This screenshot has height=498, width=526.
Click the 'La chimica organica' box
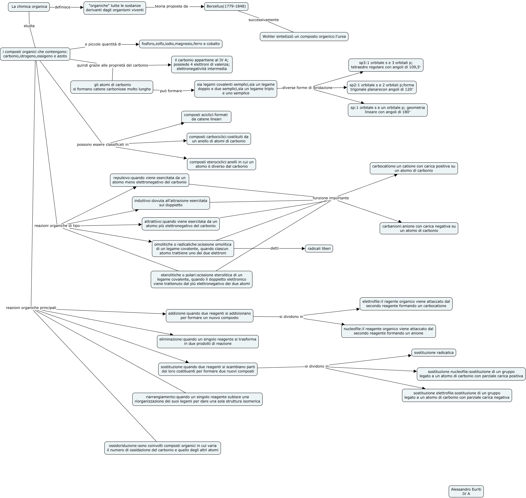point(29,7)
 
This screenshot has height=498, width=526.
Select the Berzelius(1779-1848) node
point(226,7)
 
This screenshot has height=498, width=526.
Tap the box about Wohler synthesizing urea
point(304,37)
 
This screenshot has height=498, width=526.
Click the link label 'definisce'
point(62,7)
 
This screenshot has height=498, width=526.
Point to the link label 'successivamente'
point(263,20)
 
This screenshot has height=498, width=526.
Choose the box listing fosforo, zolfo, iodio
point(180,44)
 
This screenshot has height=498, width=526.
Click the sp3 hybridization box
point(386,65)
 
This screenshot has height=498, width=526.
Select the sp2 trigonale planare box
point(381,87)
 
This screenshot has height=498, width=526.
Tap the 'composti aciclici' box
point(206,117)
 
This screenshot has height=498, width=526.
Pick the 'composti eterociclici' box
point(222,164)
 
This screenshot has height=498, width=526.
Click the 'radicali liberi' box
point(319,249)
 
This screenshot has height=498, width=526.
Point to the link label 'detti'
point(274,248)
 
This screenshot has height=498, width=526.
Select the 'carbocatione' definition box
point(413,168)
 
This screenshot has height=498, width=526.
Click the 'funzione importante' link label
point(331,198)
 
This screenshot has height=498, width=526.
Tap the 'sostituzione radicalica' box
point(434,353)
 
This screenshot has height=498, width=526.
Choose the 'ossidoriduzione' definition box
point(163,448)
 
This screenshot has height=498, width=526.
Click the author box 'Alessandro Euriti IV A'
point(466,491)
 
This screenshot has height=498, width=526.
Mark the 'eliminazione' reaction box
point(208,342)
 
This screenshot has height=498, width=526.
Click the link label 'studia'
point(29,26)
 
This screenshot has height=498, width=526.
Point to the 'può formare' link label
point(171,91)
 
